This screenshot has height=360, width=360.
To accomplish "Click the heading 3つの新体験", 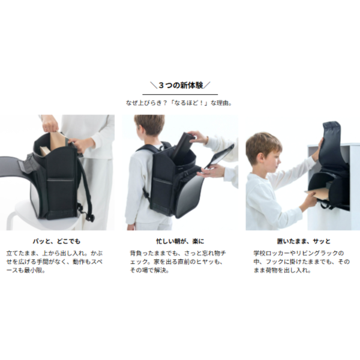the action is [x=180, y=86].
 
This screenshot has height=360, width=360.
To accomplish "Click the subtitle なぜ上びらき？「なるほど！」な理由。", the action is [x=179, y=103].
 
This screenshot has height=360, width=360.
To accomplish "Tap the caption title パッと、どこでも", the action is [x=56, y=241].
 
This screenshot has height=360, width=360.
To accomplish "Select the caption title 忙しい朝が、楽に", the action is [x=180, y=241].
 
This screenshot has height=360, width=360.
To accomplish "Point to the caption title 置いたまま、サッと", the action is [x=304, y=241].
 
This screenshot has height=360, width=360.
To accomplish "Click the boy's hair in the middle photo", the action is [x=149, y=125].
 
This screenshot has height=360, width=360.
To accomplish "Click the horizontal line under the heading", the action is [x=180, y=94].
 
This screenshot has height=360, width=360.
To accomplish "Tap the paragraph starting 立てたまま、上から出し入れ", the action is [x=55, y=262].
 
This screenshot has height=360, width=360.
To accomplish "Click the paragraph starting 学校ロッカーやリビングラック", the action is [x=301, y=262].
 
